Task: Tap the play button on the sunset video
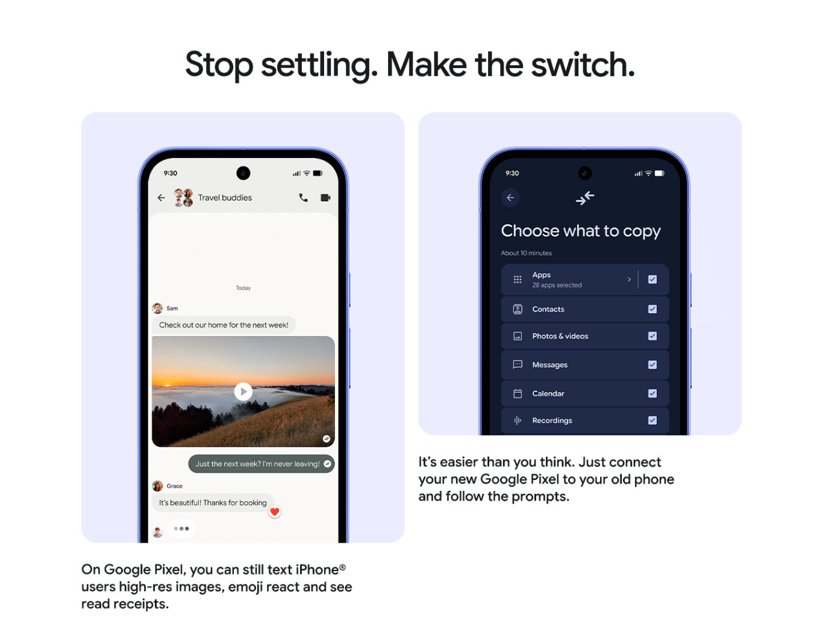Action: pos(243,391)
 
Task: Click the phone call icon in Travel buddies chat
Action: pos(303,198)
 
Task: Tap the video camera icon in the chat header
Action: pos(325,198)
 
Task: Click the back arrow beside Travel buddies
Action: pos(161,198)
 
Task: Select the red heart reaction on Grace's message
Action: pos(275,512)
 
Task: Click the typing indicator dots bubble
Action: pos(181,529)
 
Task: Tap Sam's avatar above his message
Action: pos(158,308)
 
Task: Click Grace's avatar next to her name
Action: pos(158,486)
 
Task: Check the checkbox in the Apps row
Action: pos(652,279)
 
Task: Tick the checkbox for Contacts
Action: pos(652,309)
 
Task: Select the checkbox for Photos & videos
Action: pos(652,336)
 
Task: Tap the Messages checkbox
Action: pos(652,365)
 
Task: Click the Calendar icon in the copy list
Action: pos(518,394)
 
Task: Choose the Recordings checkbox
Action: pos(652,420)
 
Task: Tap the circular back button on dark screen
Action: pos(510,198)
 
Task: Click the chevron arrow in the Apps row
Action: pos(629,279)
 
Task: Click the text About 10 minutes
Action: pos(526,253)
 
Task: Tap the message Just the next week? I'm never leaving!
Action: pos(258,464)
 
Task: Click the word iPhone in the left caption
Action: pos(317,570)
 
